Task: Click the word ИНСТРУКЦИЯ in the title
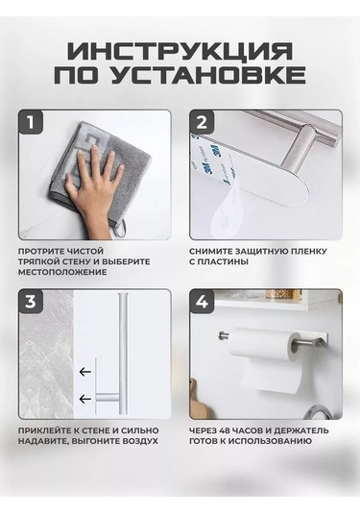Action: (180, 51)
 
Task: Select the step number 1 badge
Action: (31, 122)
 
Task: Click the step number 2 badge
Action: (202, 122)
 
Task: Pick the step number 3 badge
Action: (31, 301)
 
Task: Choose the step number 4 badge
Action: (202, 301)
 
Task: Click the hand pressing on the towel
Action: (92, 190)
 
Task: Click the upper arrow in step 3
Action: (84, 372)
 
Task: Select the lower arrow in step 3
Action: (84, 399)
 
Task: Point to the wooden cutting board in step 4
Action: (198, 399)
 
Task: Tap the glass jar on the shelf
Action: (283, 294)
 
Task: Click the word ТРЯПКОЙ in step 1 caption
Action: (38, 262)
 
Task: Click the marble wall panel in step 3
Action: (46, 354)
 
